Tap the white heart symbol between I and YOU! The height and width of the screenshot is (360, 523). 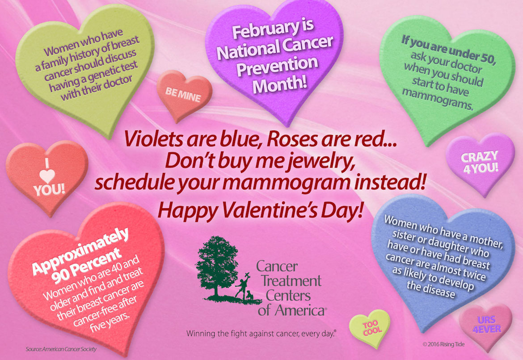(47, 176)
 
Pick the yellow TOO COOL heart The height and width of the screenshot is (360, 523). (370, 327)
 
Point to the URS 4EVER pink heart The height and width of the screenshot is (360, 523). (486, 325)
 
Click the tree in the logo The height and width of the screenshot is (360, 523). (217, 267)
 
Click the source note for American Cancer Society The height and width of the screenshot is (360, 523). (61, 349)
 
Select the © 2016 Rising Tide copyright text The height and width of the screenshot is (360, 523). (443, 344)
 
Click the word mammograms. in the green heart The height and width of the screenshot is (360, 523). (438, 99)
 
